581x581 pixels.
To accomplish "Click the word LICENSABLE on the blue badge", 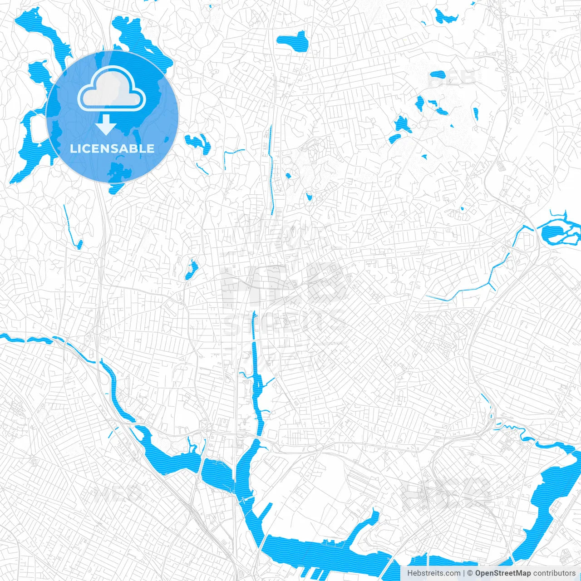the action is (112, 148).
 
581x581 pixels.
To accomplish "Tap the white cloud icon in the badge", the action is (112, 89).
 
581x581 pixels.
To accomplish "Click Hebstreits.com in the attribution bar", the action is (434, 573).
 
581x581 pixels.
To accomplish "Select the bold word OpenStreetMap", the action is (503, 573).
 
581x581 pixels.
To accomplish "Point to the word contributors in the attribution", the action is (554, 573).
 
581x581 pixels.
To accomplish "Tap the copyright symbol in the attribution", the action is (470, 573).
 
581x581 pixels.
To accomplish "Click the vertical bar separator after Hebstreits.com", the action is (464, 573).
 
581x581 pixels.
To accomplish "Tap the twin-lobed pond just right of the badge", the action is (197, 142).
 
